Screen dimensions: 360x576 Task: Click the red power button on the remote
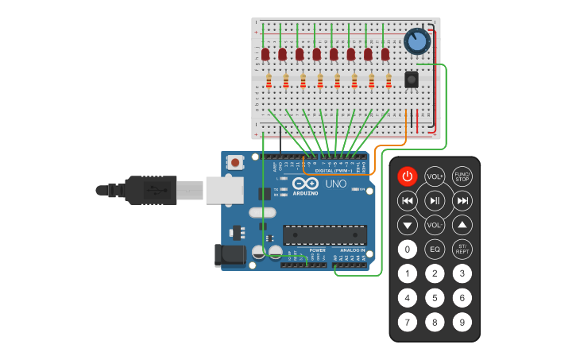[x=407, y=176]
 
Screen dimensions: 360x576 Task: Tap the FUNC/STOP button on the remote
[x=462, y=176]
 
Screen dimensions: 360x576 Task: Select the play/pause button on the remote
[x=435, y=200]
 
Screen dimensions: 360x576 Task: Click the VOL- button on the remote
[x=435, y=225]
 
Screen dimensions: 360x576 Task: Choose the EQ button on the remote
[x=435, y=250]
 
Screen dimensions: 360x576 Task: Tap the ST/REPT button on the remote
[x=462, y=250]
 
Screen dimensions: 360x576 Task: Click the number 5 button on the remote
[x=435, y=298]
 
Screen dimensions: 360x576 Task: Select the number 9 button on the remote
[x=462, y=323]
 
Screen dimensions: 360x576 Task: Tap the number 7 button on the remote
[x=407, y=323]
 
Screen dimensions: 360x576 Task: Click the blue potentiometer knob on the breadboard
[x=417, y=41]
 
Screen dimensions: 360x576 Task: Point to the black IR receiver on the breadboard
[x=412, y=79]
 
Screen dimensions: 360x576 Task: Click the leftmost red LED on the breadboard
[x=265, y=54]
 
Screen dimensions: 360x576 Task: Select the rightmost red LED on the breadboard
[x=385, y=54]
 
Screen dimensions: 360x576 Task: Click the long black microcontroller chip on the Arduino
[x=325, y=235]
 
